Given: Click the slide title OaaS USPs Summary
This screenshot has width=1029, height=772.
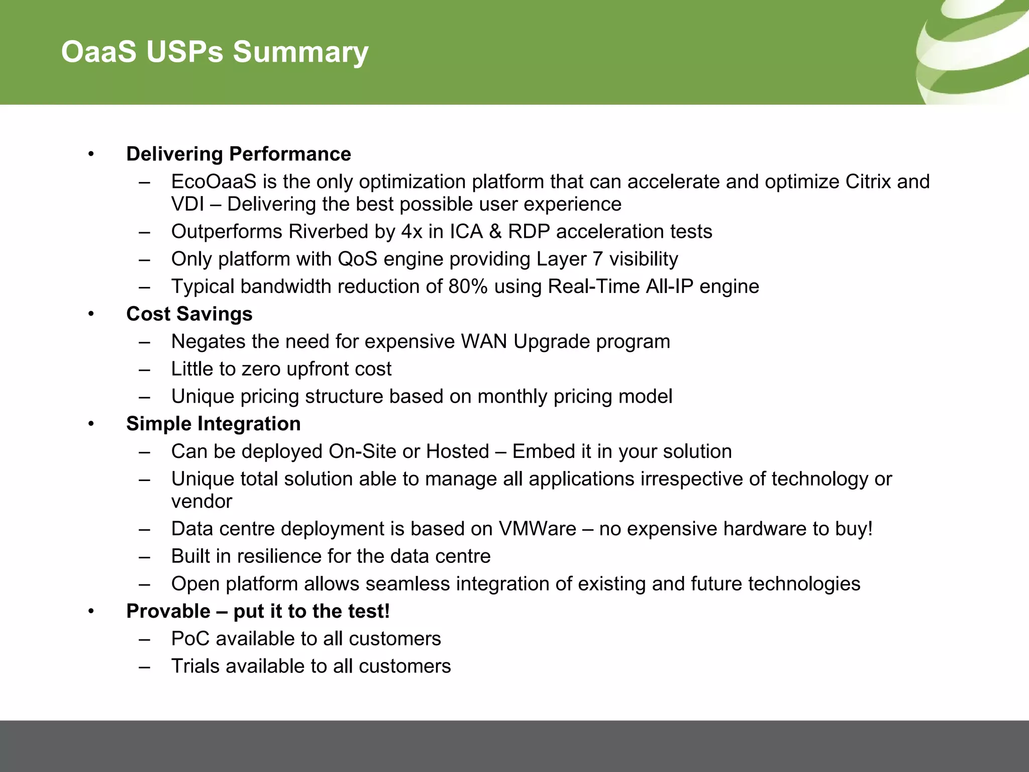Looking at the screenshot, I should click(x=215, y=52).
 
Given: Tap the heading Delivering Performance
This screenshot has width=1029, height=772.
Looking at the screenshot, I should click(x=238, y=154).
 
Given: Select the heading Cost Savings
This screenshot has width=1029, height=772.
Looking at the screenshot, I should click(x=189, y=314).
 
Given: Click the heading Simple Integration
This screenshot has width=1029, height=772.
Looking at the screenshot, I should click(x=213, y=424).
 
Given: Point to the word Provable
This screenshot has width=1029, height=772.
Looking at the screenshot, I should click(x=168, y=611).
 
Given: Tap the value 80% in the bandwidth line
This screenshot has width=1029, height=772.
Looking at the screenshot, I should click(x=468, y=286).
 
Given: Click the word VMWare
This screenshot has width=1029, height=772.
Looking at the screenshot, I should click(x=537, y=529).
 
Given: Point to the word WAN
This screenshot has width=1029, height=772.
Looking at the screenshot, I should click(x=484, y=342).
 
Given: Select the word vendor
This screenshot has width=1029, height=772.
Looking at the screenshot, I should click(x=201, y=502).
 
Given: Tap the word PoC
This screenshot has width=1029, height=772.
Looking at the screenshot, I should click(x=190, y=639).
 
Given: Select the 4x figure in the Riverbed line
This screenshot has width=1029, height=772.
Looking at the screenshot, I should click(x=412, y=232).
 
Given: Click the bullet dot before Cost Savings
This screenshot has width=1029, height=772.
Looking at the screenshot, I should click(x=91, y=314).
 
